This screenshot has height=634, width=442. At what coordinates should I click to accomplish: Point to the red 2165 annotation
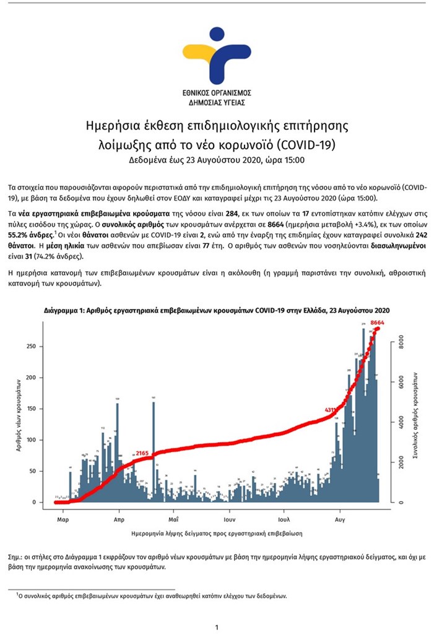pyautogui.click(x=144, y=454)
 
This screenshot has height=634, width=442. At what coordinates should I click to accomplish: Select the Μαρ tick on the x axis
pyautogui.click(x=62, y=521)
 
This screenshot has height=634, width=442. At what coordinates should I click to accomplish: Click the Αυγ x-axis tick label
pyautogui.click(x=340, y=521)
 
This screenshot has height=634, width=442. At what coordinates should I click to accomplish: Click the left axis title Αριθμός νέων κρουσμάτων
pyautogui.click(x=20, y=420)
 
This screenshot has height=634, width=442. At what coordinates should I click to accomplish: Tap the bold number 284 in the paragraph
pyautogui.click(x=233, y=212)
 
